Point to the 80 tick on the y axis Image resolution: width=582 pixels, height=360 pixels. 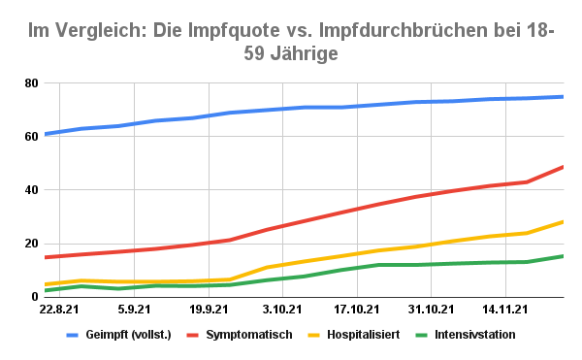pyautogui.click(x=29, y=83)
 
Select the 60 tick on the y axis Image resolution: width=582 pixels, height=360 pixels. pyautogui.click(x=29, y=137)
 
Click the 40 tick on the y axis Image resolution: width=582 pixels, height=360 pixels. pyautogui.click(x=29, y=190)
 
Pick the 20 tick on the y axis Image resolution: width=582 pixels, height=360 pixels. pyautogui.click(x=29, y=244)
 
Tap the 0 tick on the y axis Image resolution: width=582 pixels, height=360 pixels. pyautogui.click(x=33, y=297)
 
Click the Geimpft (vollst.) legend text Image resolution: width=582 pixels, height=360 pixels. pyautogui.click(x=130, y=335)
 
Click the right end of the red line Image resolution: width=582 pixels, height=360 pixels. pyautogui.click(x=564, y=167)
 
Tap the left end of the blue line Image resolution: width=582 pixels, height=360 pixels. pyautogui.click(x=45, y=134)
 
